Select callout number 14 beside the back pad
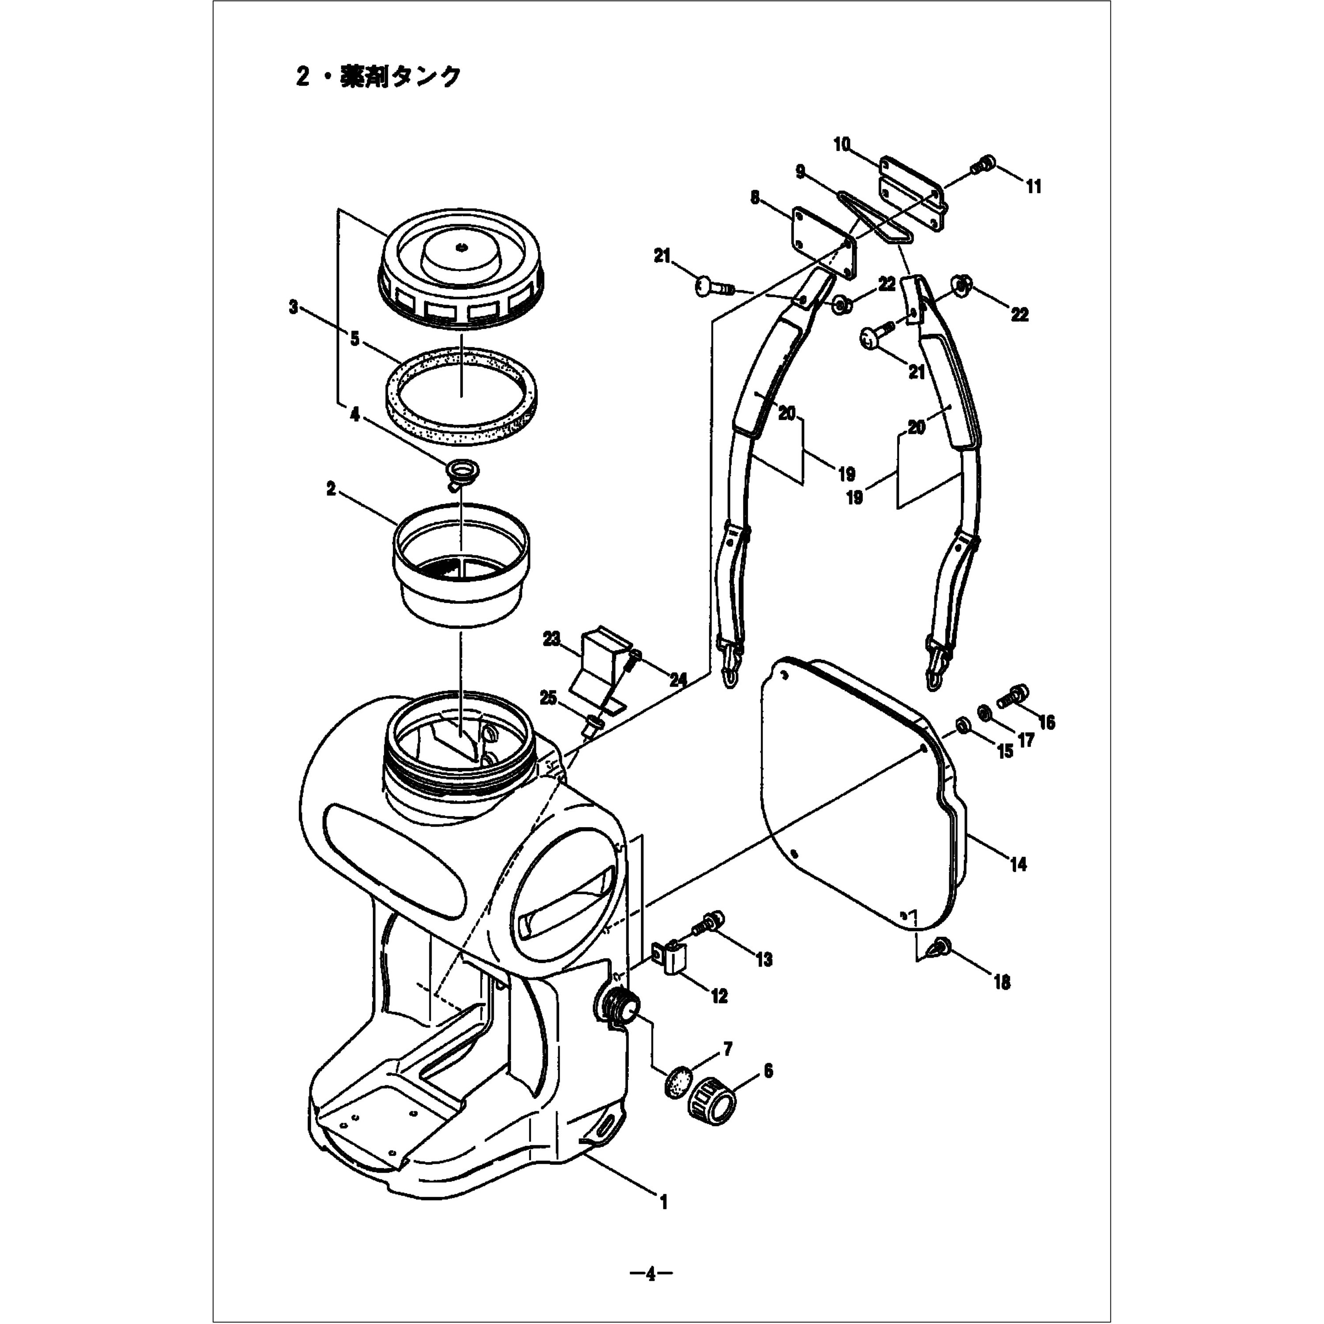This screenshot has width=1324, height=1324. click(x=1018, y=864)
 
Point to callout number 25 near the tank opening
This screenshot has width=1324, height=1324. click(x=548, y=698)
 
